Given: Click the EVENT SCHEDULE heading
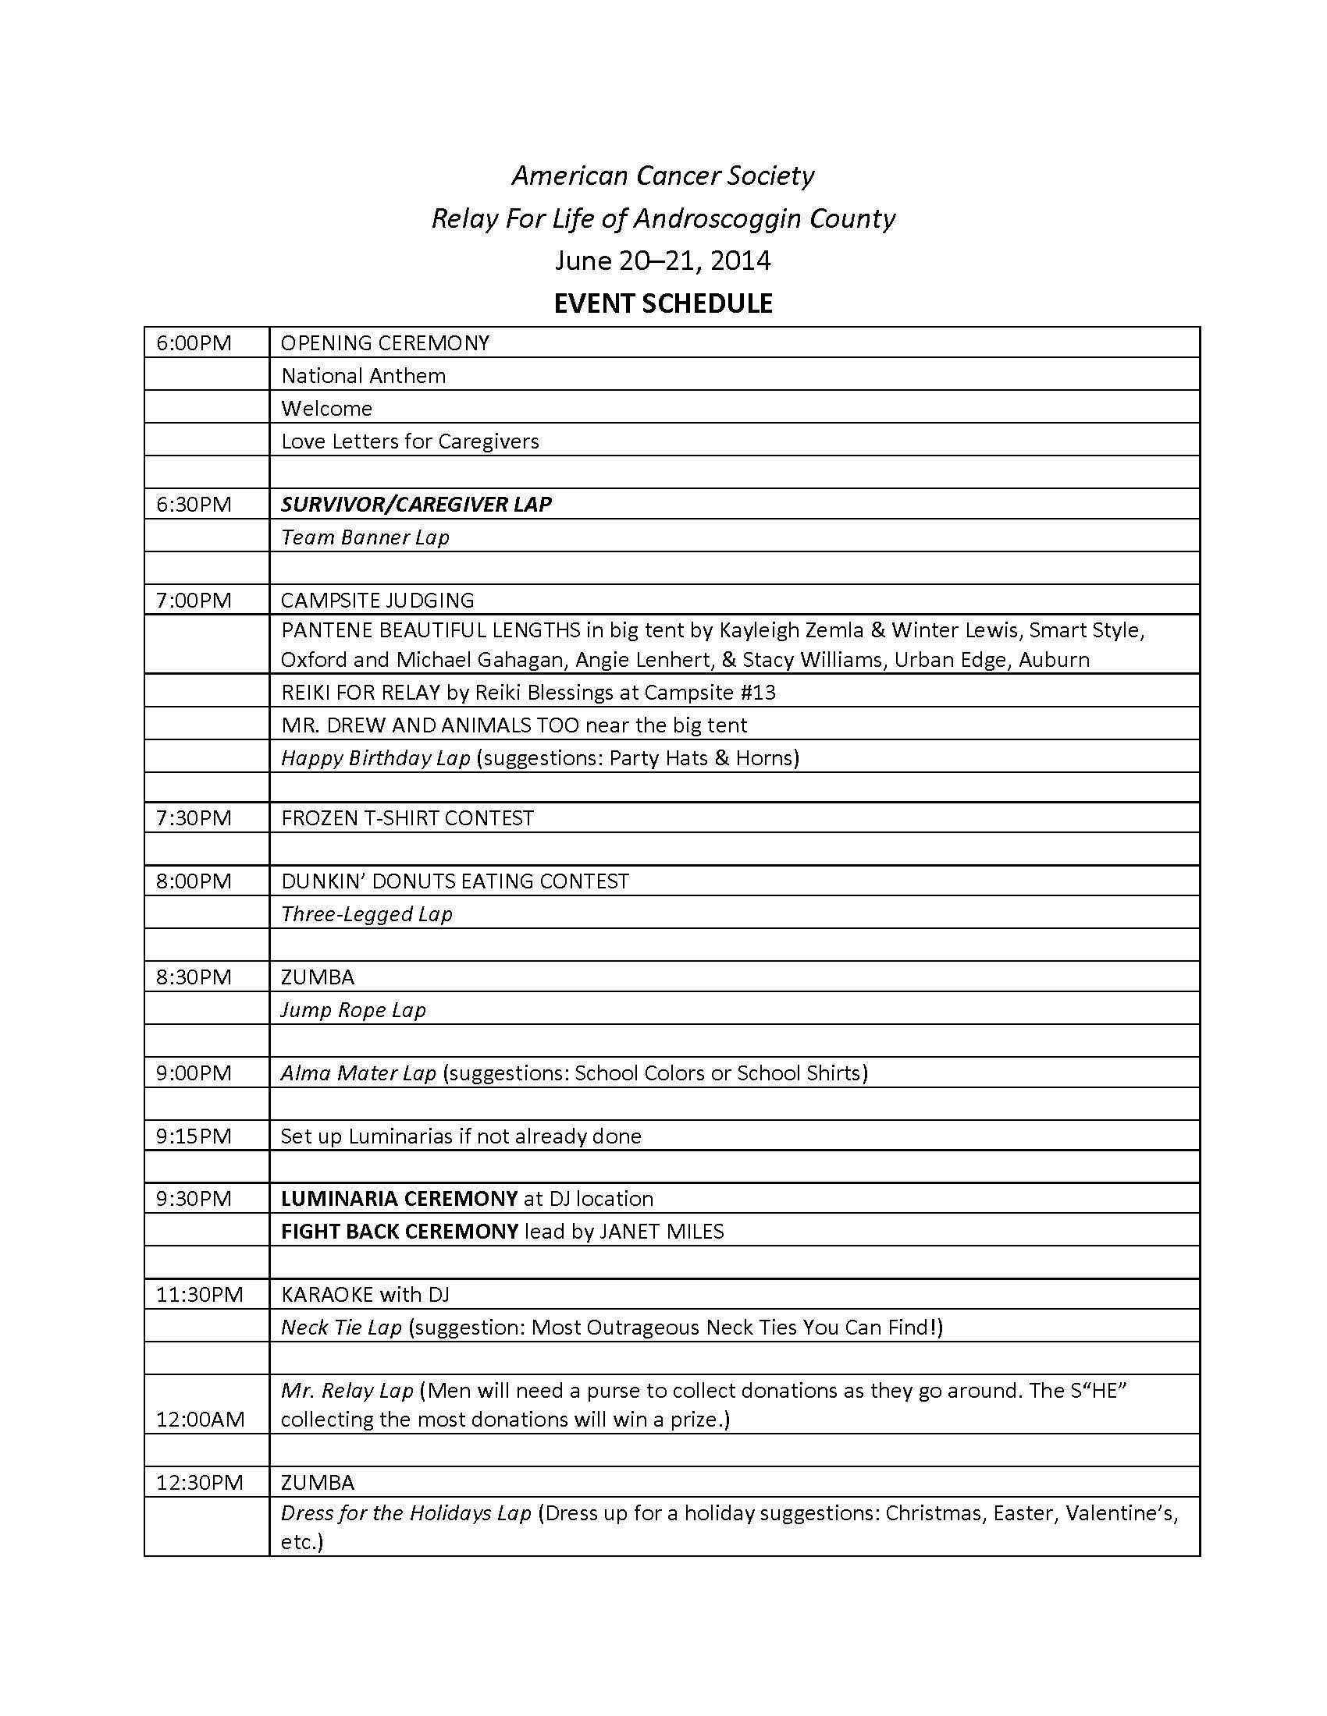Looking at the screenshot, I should click(x=663, y=303).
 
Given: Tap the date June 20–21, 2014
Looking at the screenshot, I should click(x=663, y=260).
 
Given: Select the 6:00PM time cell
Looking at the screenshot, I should click(x=194, y=343).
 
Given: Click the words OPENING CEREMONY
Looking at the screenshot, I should click(x=385, y=343).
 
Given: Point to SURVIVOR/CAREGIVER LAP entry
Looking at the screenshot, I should click(x=416, y=505).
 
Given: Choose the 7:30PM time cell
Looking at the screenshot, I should click(x=194, y=818).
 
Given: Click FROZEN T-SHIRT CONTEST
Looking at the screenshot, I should click(x=407, y=818).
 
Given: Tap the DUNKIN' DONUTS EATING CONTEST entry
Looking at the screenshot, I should click(x=455, y=881).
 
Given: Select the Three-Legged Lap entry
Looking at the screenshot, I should click(x=366, y=914).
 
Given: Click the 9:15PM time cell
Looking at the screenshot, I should click(x=194, y=1136).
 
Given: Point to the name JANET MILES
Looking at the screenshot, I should click(x=661, y=1231).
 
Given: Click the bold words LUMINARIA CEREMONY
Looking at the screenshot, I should click(x=400, y=1199).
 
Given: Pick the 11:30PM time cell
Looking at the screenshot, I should click(x=200, y=1295).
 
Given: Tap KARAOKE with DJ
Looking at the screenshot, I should click(x=365, y=1295).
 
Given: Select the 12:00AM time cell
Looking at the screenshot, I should click(x=201, y=1419).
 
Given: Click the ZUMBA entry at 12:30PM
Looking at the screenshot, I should click(x=318, y=1483).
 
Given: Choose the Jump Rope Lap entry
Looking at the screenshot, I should click(x=353, y=1009).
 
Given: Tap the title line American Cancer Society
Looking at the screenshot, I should click(x=663, y=175).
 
